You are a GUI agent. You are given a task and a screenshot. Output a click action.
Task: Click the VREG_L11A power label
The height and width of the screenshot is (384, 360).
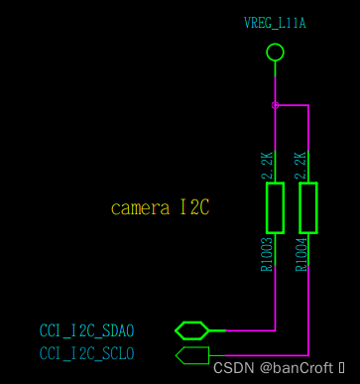point(275,22)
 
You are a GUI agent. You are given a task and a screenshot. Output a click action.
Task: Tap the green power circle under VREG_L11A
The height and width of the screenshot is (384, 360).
point(276,51)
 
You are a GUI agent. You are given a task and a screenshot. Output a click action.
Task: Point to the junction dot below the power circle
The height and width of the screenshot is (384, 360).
point(276,105)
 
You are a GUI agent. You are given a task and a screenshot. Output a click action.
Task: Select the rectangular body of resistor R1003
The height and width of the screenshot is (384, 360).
point(276,206)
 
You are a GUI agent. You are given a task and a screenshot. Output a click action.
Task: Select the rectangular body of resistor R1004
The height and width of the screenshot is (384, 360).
point(308,206)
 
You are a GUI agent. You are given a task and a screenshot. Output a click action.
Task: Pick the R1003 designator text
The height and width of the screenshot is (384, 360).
point(267,254)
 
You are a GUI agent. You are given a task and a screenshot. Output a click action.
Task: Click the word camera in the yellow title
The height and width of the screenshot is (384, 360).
point(140,208)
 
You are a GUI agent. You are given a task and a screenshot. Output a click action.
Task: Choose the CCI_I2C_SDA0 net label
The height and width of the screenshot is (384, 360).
point(86,330)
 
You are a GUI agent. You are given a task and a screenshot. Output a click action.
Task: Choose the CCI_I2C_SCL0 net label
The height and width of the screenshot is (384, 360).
point(86,353)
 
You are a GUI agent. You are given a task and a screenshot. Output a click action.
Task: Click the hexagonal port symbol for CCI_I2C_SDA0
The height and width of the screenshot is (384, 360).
point(190,329)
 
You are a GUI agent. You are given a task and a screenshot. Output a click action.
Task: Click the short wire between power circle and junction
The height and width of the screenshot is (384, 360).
point(276,81)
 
